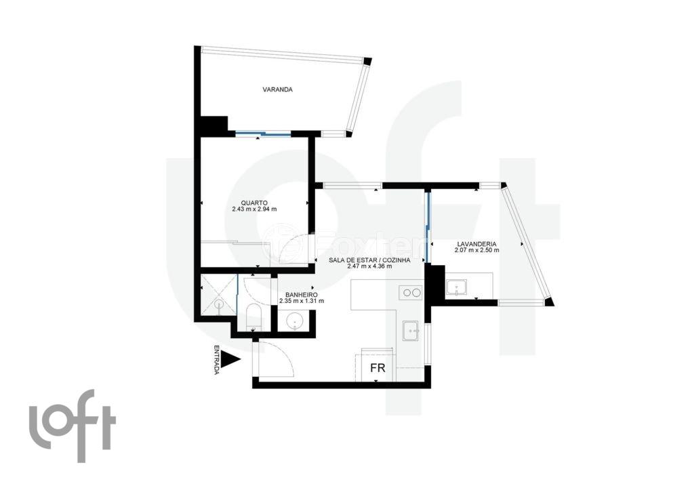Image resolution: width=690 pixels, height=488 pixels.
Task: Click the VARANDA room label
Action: pyautogui.click(x=278, y=89)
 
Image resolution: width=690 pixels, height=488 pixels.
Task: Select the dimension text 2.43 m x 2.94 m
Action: pyautogui.click(x=254, y=209)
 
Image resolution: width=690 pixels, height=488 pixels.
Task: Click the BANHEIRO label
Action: pyautogui.click(x=302, y=295)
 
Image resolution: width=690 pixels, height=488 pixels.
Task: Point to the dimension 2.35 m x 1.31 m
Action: pyautogui.click(x=302, y=301)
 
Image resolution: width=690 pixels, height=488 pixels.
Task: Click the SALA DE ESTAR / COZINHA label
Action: pyautogui.click(x=369, y=260)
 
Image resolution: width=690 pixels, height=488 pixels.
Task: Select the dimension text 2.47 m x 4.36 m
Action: pyautogui.click(x=369, y=266)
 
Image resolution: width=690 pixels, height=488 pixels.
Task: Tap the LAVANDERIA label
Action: pyautogui.click(x=477, y=244)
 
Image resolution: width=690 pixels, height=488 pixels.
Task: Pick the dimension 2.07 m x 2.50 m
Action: pyautogui.click(x=477, y=250)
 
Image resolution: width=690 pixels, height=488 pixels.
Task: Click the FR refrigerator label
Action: pyautogui.click(x=378, y=368)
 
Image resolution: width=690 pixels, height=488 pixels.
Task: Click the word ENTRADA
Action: pyautogui.click(x=216, y=360)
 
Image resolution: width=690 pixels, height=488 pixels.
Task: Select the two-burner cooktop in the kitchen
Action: pyautogui.click(x=411, y=292)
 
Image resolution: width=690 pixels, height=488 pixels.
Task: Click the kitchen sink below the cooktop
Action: pyautogui.click(x=412, y=331)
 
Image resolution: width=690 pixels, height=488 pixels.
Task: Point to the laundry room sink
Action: pyautogui.click(x=458, y=289)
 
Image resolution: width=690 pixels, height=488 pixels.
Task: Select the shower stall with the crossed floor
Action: pyautogui.click(x=219, y=295)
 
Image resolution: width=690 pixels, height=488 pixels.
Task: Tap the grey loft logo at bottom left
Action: pyautogui.click(x=73, y=426)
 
